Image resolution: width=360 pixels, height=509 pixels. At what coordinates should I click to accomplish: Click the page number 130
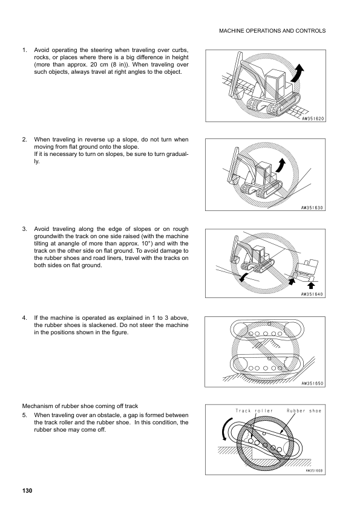(27, 490)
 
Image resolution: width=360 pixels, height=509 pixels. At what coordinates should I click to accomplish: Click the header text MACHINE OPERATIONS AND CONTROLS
(272, 31)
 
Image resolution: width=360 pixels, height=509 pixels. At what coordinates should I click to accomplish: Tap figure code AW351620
(313, 118)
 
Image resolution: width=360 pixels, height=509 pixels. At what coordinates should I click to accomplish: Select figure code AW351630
(312, 208)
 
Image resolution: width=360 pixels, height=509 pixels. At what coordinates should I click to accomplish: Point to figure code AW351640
(312, 294)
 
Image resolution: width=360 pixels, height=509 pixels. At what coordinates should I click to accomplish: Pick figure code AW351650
(312, 383)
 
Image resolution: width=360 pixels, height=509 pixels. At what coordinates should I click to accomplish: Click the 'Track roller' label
(254, 410)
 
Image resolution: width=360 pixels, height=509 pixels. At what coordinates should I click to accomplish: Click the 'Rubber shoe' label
(304, 410)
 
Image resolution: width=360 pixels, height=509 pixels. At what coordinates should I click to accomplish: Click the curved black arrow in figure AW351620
(298, 73)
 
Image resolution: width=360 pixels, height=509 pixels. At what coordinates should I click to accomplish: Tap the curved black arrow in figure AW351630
(280, 166)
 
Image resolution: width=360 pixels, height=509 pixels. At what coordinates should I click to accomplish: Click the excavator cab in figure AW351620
(273, 86)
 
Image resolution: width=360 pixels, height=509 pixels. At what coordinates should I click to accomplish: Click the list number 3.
(24, 229)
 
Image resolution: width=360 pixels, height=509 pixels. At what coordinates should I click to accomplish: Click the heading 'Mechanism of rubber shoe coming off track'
(80, 406)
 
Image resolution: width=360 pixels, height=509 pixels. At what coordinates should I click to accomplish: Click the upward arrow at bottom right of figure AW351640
(311, 285)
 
